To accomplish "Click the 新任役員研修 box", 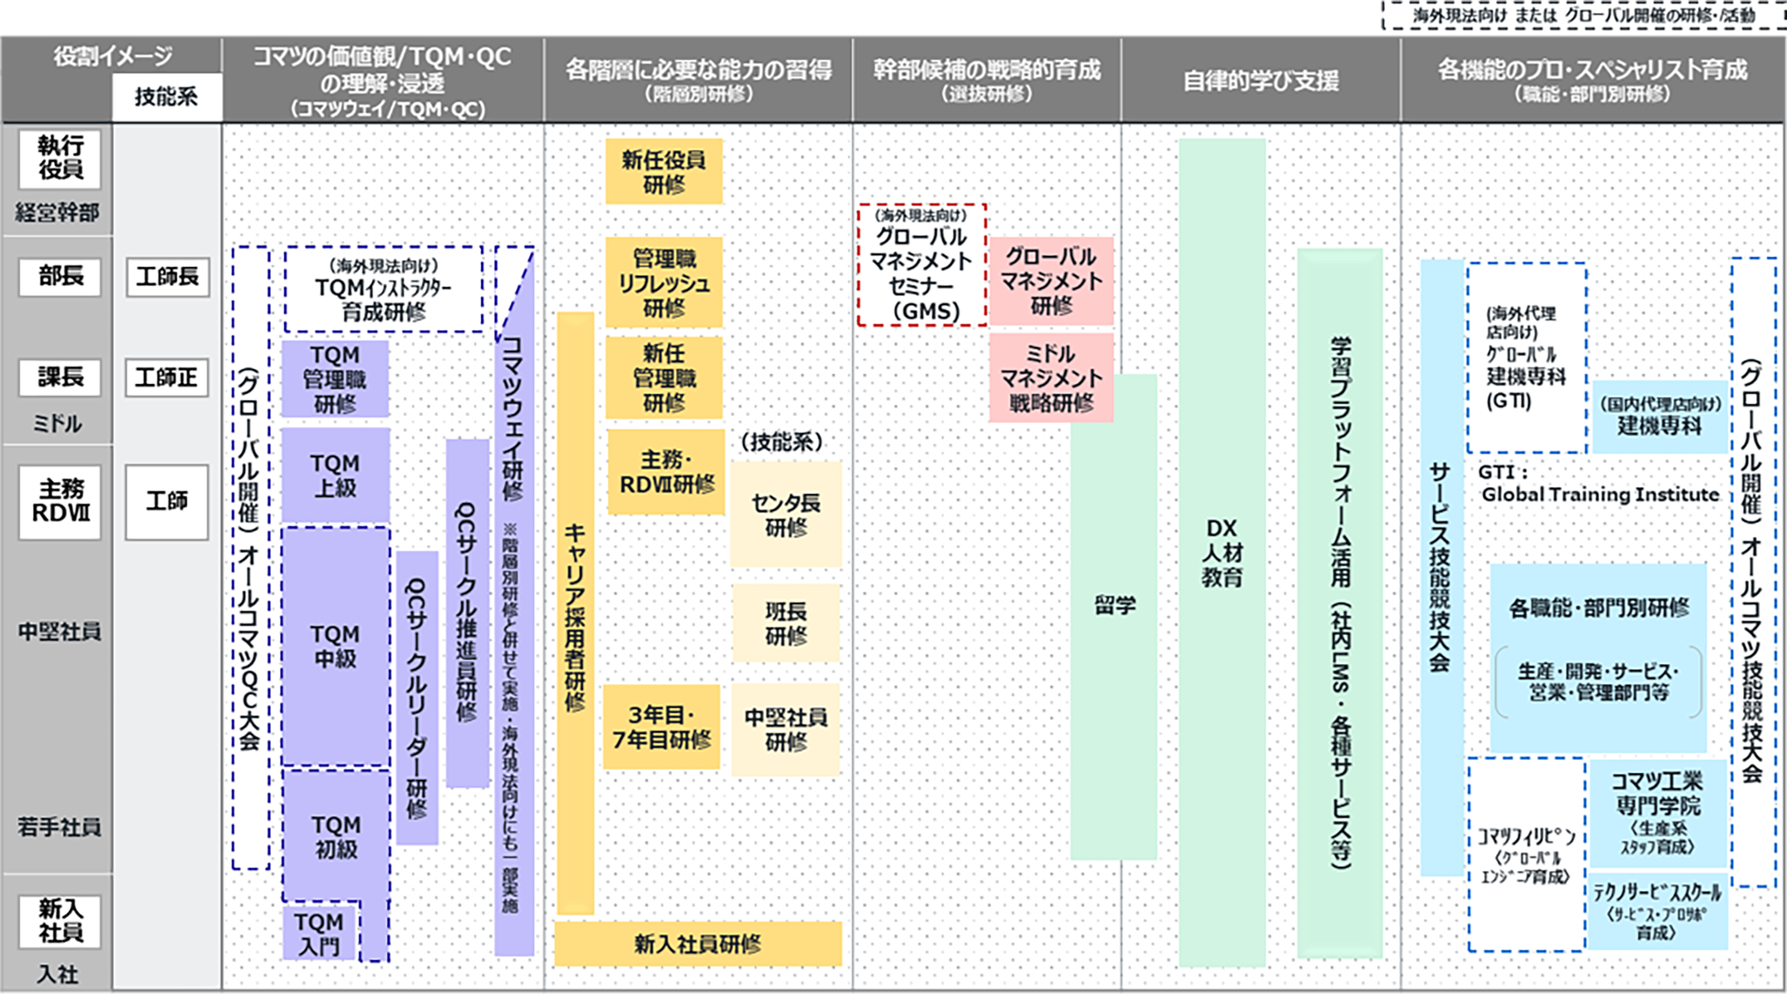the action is pos(664,172).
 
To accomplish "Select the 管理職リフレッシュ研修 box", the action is pos(664,282).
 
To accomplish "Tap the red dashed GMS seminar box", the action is pos(922,265).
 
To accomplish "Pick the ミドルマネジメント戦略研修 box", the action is pos(1051,378).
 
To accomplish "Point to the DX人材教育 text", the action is pos(1222,553).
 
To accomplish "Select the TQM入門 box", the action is pos(320,933).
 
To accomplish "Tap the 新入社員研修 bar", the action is pos(698,944).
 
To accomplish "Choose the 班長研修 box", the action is pos(786,623).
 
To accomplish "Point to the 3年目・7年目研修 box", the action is pos(661,727).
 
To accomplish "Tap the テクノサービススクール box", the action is pos(1657,911).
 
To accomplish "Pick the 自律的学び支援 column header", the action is pos(1260,81).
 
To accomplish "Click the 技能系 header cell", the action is pos(167,96).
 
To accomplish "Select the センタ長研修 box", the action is pos(786,515).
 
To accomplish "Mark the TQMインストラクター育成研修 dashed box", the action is pos(384,288).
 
